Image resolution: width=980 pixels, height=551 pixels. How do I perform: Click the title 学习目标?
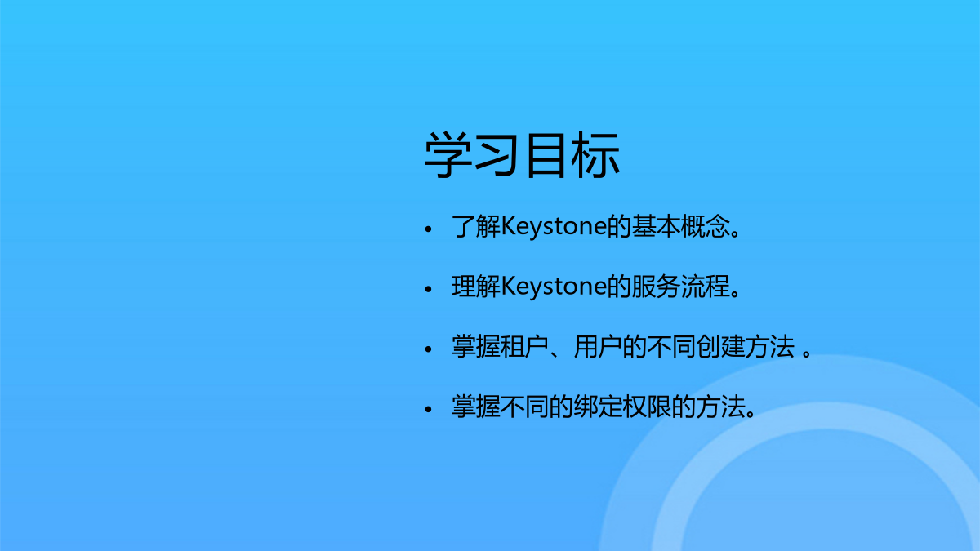point(522,155)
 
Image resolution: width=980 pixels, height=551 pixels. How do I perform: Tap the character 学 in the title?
point(448,155)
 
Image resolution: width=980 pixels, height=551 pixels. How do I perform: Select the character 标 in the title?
point(595,155)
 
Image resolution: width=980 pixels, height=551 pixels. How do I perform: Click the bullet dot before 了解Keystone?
point(428,229)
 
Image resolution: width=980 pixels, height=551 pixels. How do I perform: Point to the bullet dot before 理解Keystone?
point(428,289)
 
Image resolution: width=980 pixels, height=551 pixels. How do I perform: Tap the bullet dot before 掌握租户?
point(428,349)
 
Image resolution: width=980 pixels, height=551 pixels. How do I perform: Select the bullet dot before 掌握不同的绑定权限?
point(428,409)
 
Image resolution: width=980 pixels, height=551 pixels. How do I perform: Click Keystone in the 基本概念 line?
point(554,227)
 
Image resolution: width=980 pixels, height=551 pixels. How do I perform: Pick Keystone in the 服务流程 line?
point(554,287)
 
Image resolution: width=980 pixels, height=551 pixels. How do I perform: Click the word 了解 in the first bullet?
point(476,226)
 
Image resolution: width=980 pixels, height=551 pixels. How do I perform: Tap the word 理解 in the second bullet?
point(476,287)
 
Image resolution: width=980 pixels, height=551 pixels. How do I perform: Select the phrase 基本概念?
point(681,226)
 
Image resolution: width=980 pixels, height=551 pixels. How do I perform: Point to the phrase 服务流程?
point(681,287)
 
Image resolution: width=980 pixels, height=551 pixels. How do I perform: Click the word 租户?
point(525,347)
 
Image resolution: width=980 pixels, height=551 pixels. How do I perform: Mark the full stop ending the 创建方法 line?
point(807,353)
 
